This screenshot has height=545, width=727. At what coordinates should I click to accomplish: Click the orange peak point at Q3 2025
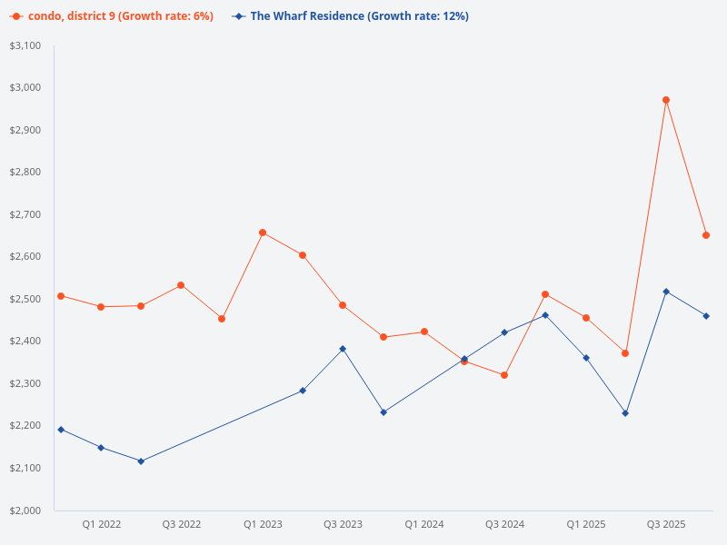click(666, 100)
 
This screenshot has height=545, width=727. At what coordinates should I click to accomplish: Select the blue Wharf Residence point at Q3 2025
click(666, 292)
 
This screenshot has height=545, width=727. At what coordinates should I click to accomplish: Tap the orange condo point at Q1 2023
click(263, 233)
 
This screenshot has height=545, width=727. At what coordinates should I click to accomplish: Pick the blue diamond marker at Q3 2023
click(343, 349)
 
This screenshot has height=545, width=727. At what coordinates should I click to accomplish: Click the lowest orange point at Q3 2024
click(504, 375)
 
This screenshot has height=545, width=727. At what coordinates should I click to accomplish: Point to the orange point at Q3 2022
click(181, 285)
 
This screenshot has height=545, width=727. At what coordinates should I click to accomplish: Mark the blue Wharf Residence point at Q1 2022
click(101, 448)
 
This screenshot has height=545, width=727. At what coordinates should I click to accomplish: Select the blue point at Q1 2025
click(586, 358)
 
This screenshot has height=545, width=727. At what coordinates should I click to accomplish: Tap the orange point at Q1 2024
click(424, 332)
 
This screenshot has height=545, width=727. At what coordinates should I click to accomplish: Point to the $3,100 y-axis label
click(25, 45)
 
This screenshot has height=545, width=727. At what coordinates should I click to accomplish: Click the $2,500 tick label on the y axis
click(25, 299)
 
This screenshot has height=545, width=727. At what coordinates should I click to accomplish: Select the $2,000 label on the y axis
click(25, 510)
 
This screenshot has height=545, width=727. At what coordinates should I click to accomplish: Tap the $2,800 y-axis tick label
click(25, 172)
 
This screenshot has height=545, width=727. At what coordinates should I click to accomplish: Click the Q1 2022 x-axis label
click(102, 524)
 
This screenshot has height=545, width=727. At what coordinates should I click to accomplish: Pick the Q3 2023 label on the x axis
click(343, 524)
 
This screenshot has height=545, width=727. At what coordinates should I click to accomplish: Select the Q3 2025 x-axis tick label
click(666, 524)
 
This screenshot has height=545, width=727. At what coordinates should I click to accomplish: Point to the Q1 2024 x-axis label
click(424, 524)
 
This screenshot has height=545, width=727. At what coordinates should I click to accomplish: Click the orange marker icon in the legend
click(16, 16)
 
